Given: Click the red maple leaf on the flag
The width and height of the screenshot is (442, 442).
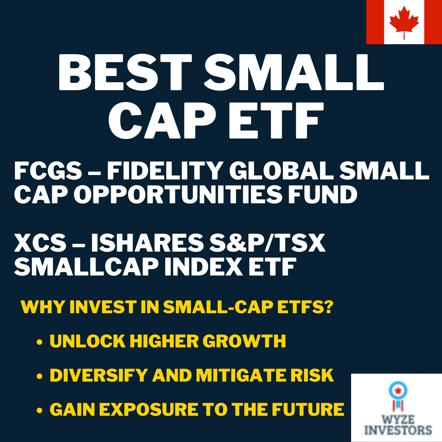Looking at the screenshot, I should coord(404,21).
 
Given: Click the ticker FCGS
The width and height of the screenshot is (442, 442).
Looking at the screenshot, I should coord(48,171).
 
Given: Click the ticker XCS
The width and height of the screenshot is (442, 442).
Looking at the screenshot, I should coord(40,243).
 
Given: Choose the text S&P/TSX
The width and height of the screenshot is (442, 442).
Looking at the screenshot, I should coord(267,243).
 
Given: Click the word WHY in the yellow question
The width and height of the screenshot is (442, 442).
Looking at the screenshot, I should coord(43,307).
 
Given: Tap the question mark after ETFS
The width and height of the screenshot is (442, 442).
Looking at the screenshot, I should coord(329,307).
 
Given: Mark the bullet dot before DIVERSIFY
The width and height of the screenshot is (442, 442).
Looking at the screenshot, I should coord(39,377).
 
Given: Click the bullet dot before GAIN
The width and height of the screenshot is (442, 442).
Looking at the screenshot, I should coord(39,411).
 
